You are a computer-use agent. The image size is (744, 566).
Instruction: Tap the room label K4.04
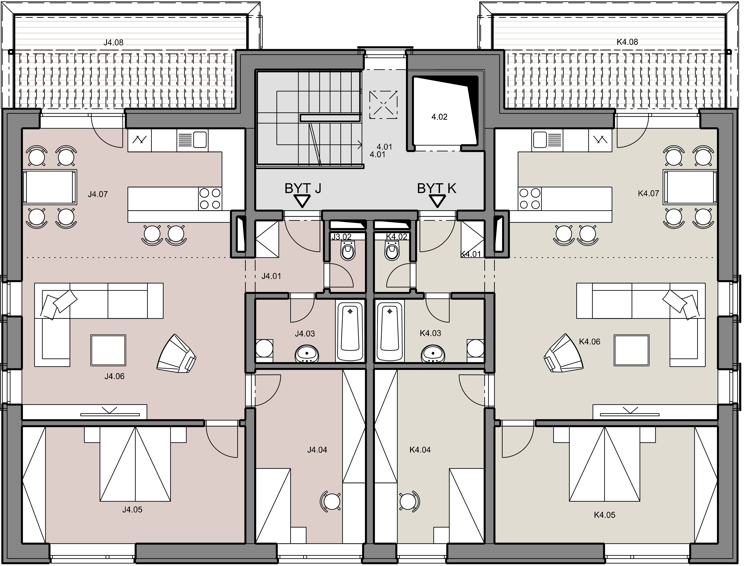point(420,450)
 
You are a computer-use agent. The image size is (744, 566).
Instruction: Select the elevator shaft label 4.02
point(439,117)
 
